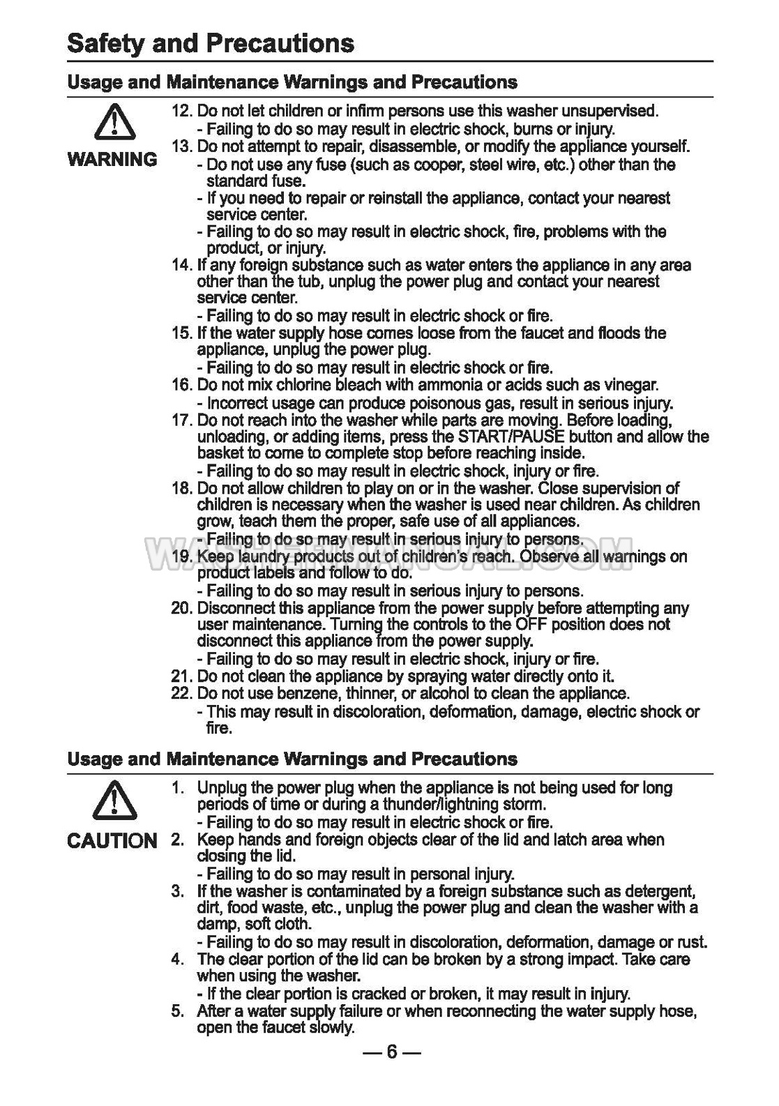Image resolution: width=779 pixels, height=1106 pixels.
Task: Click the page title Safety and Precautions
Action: pyautogui.click(x=211, y=44)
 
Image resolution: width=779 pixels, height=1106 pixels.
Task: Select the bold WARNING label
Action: pyautogui.click(x=112, y=160)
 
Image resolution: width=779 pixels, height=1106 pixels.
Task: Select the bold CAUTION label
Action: pyautogui.click(x=112, y=840)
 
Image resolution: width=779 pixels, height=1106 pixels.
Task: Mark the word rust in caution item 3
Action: pyautogui.click(x=690, y=942)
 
